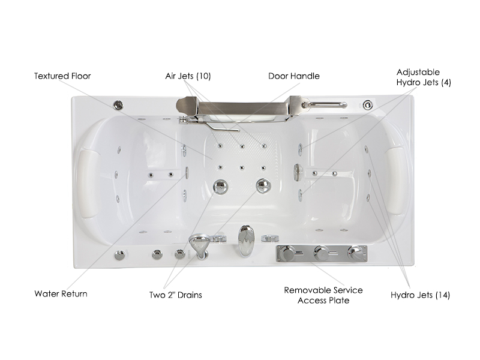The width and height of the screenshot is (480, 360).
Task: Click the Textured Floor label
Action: click(62, 76)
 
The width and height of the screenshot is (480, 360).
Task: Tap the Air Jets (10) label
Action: click(188, 76)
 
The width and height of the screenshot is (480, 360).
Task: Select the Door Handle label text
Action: click(294, 76)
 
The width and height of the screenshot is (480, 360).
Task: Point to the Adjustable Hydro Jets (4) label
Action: click(424, 77)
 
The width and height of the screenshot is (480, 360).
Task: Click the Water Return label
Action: click(61, 294)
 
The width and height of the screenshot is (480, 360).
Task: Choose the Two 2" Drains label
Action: click(176, 295)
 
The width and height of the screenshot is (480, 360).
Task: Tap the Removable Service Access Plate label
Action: click(323, 295)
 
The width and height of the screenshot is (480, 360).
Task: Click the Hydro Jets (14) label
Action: click(421, 295)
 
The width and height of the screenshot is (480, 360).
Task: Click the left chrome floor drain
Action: click(220, 187)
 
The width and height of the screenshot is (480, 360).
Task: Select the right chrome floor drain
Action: click(263, 185)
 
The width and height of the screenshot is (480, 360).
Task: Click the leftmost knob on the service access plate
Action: click(288, 253)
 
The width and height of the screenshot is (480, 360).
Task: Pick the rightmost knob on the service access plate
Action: click(355, 253)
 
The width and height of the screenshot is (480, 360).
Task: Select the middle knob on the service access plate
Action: click(322, 253)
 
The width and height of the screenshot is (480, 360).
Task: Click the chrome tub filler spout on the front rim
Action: click(246, 241)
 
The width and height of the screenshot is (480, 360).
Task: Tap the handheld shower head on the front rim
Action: click(199, 245)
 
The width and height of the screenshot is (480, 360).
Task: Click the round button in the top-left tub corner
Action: click(118, 106)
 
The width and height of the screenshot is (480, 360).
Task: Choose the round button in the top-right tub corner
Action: click(368, 104)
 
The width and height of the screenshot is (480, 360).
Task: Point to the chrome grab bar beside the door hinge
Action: click(325, 105)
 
